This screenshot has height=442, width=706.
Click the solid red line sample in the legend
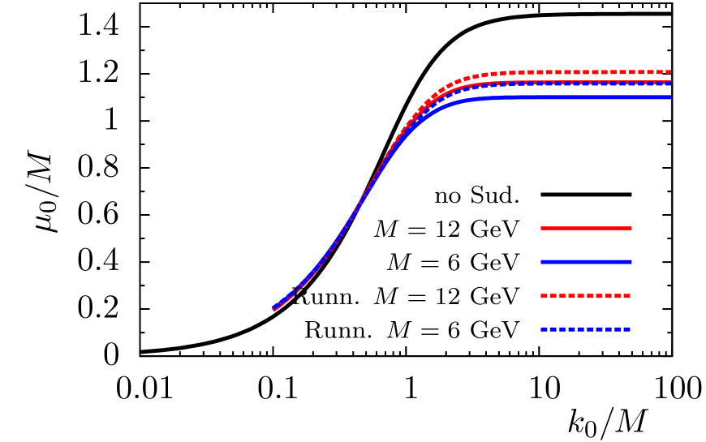586,229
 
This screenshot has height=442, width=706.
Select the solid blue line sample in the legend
586,262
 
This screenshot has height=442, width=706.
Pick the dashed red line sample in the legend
586,296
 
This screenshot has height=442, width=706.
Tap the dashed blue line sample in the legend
586,330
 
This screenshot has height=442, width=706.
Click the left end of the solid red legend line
542,229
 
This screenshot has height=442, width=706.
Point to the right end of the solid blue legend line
631,262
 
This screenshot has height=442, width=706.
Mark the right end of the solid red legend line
631,229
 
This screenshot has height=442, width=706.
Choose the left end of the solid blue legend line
542,262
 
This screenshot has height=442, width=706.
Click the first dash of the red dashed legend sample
545,296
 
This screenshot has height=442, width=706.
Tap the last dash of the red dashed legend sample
627,296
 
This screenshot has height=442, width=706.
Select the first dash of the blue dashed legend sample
545,330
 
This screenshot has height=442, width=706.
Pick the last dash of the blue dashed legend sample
627,330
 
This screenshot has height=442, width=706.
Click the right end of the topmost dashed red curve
669,72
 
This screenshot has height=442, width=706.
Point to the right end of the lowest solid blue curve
669,97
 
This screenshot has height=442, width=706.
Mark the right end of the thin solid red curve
669,81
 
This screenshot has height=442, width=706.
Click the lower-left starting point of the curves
274,309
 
